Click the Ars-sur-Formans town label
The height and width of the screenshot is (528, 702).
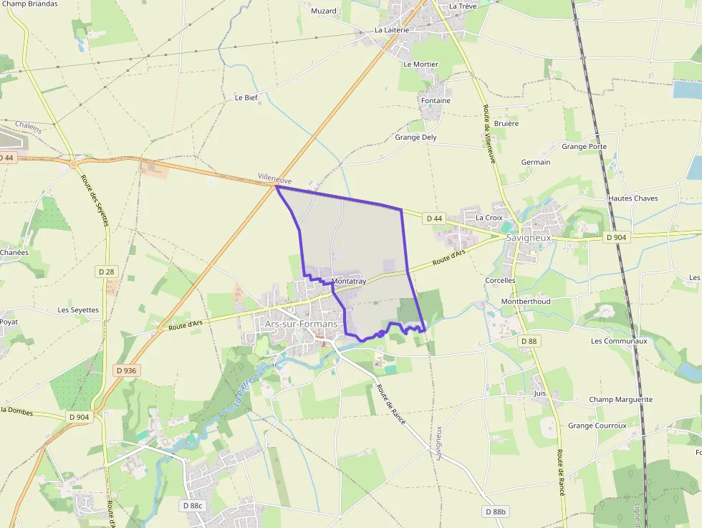301,325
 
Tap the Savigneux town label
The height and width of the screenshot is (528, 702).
528,237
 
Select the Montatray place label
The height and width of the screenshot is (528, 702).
349,282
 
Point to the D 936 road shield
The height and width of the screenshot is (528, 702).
125,370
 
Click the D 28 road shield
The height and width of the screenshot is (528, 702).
106,272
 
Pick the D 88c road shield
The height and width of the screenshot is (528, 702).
192,506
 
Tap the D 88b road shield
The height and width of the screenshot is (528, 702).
496,512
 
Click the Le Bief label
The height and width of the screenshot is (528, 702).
246,97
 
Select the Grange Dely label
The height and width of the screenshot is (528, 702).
415,137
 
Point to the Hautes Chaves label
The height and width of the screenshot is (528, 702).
633,198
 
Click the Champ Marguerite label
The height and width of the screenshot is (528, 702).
621,400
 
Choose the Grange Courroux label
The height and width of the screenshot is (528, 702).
597,426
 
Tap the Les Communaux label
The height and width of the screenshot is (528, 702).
619,341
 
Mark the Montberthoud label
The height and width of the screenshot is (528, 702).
526,302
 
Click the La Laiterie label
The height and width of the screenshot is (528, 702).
392,30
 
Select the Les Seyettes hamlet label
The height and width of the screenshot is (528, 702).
78,310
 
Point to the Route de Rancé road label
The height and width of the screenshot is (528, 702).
391,405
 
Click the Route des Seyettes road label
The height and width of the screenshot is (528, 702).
94,201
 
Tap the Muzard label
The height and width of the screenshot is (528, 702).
324,11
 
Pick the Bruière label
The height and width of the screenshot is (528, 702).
506,123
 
